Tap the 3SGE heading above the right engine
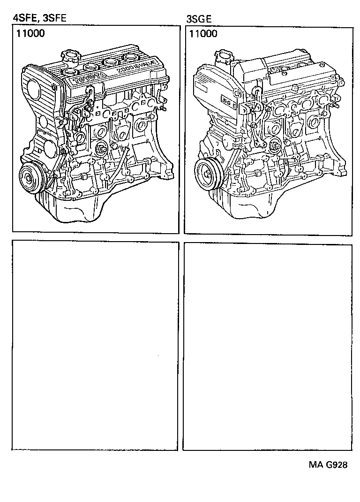(x=199, y=19)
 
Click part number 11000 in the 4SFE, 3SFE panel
(x=30, y=34)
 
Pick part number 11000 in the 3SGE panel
(x=203, y=34)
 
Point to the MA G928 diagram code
(x=328, y=465)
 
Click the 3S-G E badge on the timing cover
(x=230, y=101)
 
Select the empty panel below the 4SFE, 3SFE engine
(x=95, y=346)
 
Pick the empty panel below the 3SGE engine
(x=267, y=346)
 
